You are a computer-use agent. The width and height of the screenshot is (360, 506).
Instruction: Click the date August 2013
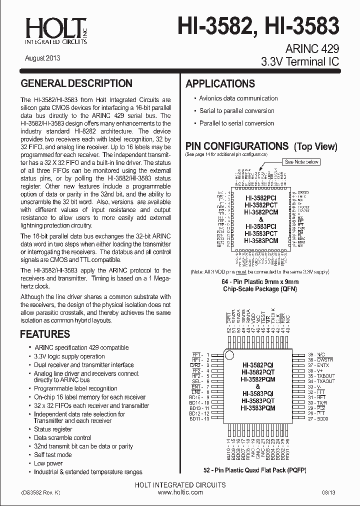pyautogui.click(x=42, y=58)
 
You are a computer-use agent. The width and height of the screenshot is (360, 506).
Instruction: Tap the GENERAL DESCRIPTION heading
pyautogui.click(x=76, y=83)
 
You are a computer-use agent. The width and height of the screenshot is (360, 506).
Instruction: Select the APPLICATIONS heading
pyautogui.click(x=220, y=84)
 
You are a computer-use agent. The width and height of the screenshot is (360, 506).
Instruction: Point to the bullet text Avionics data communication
pyautogui.click(x=238, y=98)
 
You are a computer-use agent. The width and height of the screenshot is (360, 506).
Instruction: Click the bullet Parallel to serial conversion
pyautogui.click(x=236, y=123)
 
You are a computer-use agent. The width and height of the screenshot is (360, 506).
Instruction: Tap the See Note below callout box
pyautogui.click(x=301, y=162)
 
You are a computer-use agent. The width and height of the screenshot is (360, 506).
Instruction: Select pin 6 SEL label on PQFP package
pyautogui.click(x=199, y=381)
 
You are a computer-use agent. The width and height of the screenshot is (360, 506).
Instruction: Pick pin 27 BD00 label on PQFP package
pyautogui.click(x=318, y=419)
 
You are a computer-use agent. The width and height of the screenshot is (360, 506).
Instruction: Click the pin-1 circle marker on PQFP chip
pyautogui.click(x=229, y=355)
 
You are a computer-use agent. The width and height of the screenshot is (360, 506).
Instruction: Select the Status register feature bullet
pyautogui.click(x=53, y=429)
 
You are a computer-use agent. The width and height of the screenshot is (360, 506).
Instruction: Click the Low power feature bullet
pyautogui.click(x=48, y=463)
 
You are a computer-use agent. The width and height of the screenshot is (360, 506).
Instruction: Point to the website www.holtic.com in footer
pyautogui.click(x=179, y=492)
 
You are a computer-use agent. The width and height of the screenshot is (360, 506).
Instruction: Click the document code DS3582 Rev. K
pyautogui.click(x=41, y=492)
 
